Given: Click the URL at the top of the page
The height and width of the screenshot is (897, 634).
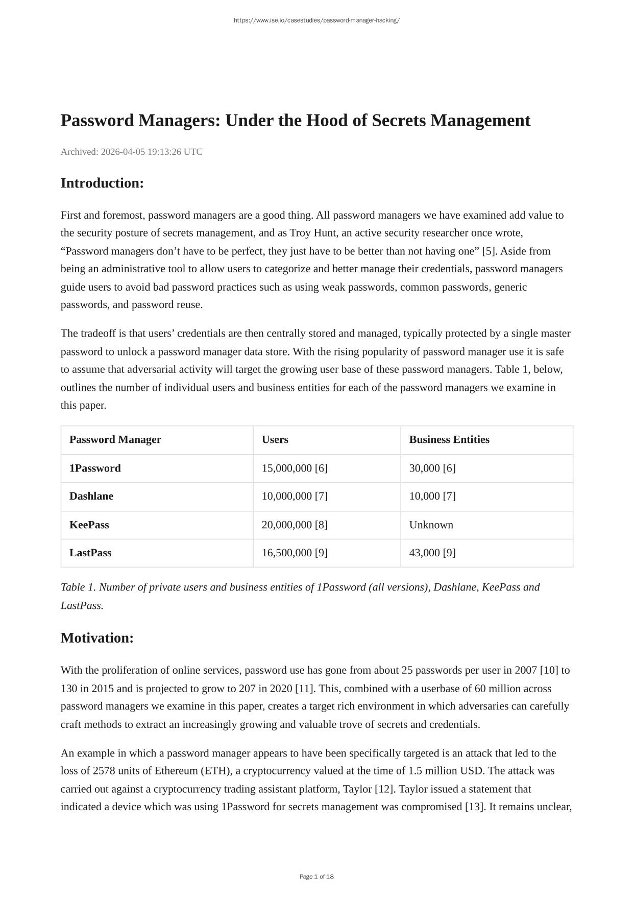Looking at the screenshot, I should (316, 20).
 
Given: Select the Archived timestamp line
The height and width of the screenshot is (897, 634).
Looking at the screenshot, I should (132, 152).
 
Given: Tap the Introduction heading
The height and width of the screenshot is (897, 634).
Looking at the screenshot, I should (102, 183).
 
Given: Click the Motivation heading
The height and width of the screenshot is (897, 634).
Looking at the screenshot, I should (97, 638).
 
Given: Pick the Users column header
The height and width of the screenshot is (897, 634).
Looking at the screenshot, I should (275, 440).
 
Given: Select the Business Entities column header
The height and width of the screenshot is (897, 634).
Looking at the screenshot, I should (449, 440).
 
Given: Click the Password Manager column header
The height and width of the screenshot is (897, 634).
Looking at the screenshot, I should (115, 440).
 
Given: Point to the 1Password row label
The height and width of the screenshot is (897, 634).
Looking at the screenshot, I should (95, 468).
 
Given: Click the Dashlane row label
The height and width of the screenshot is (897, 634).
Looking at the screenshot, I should (91, 497).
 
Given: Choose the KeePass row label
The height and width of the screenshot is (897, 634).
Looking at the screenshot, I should (89, 525).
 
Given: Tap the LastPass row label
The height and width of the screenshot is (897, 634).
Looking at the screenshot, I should (90, 553).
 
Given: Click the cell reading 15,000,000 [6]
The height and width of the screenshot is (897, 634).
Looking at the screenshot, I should (295, 468).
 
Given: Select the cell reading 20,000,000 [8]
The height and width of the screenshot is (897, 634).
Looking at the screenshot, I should (295, 525).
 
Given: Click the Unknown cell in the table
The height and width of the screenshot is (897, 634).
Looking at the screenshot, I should (431, 525).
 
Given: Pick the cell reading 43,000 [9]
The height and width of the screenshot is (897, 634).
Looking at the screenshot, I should (432, 553).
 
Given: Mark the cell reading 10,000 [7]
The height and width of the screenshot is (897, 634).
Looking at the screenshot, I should (432, 497).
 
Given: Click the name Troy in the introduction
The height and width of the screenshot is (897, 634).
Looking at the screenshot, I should (301, 233).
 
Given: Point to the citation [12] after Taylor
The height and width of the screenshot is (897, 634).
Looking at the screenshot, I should (384, 789).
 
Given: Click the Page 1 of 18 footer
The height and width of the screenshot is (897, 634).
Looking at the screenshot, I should (316, 877).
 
